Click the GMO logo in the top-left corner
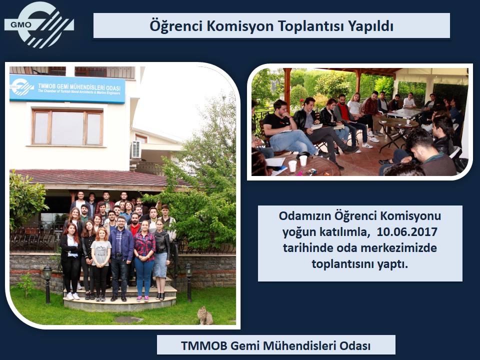click(x=39, y=24)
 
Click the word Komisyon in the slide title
click(x=240, y=25)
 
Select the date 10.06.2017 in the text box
click(x=407, y=231)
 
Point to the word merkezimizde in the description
click(x=399, y=247)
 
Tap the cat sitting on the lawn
click(x=205, y=315)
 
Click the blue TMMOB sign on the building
click(x=67, y=89)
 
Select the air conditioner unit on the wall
click(x=135, y=149)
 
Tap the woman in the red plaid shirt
click(x=144, y=260)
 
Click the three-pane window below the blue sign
click(x=67, y=127)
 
